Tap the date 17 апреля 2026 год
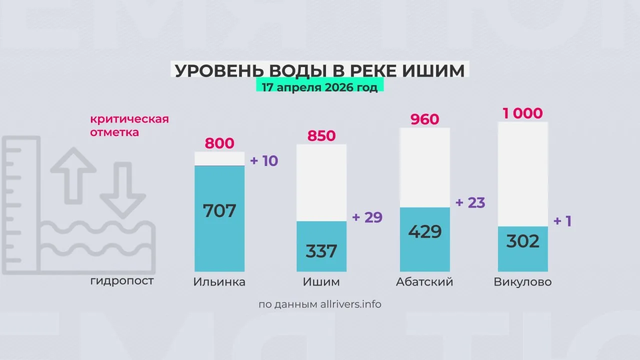(320, 86)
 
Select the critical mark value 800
(219, 143)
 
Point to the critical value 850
(321, 136)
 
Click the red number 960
(424, 119)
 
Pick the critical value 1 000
(522, 113)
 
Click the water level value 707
(219, 210)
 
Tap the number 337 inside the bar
(321, 250)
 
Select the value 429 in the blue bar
(424, 231)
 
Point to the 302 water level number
(522, 241)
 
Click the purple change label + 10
(263, 161)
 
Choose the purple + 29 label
(367, 217)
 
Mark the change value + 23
(470, 202)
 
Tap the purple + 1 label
(562, 221)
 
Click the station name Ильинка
(219, 282)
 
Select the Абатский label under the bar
(424, 282)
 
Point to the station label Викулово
(522, 282)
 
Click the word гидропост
(122, 281)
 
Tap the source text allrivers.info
(350, 304)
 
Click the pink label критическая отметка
(129, 126)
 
